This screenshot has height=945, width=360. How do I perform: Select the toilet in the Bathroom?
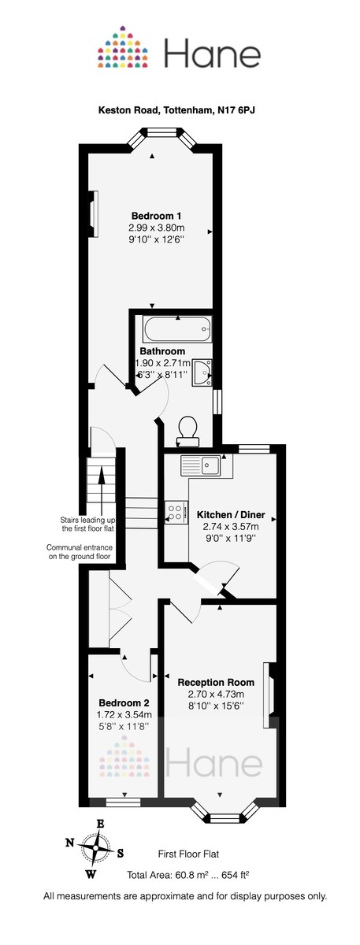(188, 429)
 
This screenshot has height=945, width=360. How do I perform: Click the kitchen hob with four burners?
(175, 513)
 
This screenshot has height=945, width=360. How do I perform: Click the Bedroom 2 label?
(124, 702)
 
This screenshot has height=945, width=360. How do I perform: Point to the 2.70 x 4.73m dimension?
(216, 694)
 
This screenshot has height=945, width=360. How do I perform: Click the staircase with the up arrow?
(101, 488)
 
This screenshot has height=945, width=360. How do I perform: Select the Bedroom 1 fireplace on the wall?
(94, 213)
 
